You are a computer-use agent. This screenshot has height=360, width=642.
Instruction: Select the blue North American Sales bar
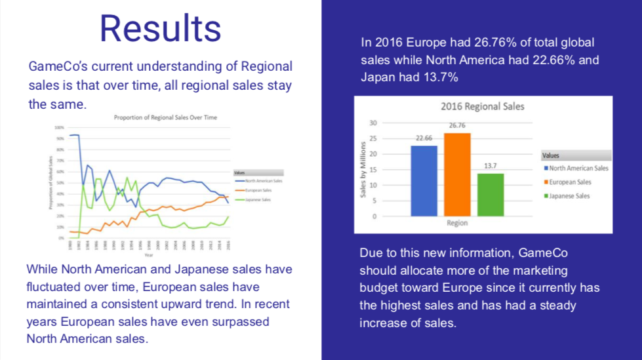click(424, 180)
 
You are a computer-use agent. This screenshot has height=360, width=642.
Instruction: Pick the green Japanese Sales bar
click(490, 194)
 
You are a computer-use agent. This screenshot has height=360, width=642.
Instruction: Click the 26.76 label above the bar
click(457, 125)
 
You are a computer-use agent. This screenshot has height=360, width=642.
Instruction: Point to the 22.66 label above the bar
click(424, 138)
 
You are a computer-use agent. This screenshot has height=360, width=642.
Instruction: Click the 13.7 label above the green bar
click(490, 166)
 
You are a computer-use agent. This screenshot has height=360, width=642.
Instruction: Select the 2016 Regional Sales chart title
click(482, 106)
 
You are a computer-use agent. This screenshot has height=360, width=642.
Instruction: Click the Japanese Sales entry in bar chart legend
click(569, 196)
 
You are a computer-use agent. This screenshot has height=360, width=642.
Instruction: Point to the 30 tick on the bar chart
click(373, 123)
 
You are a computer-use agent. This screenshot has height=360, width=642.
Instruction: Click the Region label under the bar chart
click(457, 223)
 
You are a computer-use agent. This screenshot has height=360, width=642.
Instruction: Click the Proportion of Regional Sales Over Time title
click(165, 118)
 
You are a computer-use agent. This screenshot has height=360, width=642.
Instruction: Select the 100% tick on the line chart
click(59, 127)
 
